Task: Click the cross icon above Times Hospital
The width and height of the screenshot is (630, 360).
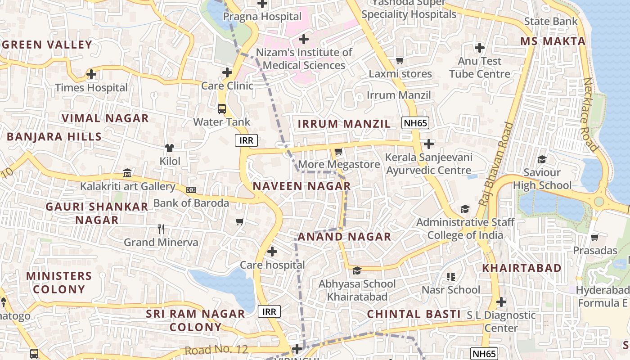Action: (91, 74)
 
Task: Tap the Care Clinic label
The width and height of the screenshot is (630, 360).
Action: (227, 85)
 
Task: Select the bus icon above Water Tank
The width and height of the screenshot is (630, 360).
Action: (222, 108)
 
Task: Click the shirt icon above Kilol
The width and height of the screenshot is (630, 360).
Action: (170, 148)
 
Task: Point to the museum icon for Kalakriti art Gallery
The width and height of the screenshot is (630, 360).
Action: (127, 173)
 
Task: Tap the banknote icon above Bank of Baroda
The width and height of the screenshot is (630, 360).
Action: (191, 190)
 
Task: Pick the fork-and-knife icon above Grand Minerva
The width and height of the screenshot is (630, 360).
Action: (161, 229)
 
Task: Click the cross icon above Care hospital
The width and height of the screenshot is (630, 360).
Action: (272, 252)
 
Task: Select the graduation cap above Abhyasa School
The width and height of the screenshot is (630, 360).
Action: (357, 270)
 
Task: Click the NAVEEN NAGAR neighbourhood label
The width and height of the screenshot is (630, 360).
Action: (301, 186)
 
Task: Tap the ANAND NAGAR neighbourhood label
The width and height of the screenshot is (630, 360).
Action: (344, 237)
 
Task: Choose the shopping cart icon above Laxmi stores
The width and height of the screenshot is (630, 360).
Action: (400, 60)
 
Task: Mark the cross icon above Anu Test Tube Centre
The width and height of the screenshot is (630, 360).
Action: (480, 47)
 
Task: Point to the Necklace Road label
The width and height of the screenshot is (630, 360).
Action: (590, 114)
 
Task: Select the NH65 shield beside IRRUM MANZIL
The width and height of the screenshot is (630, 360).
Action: (415, 123)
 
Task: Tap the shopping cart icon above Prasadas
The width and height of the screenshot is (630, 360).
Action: (595, 237)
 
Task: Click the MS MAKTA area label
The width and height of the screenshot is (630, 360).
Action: (553, 41)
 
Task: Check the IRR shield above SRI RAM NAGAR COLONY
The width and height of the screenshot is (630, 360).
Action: (270, 311)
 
